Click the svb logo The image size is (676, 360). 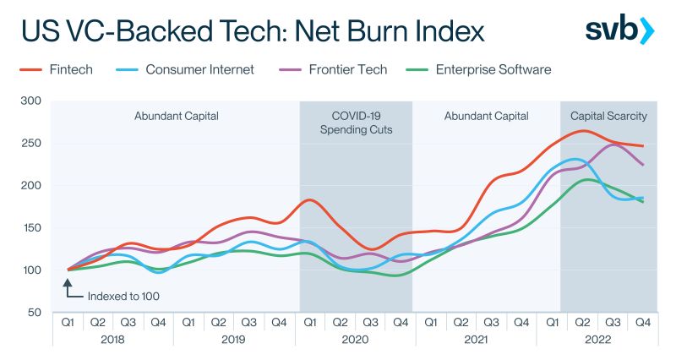619,30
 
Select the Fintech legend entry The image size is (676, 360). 56,69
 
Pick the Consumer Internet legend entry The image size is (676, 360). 185,69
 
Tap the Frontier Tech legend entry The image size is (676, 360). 333,69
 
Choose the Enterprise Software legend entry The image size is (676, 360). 478,69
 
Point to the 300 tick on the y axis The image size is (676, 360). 31,101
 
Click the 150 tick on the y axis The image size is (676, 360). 31,227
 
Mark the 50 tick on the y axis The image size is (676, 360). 35,312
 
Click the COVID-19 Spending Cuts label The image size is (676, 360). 356,123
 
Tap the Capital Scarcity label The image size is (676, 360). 608,116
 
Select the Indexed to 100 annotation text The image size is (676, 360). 123,296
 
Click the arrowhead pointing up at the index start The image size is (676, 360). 68,283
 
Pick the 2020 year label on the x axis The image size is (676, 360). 355,340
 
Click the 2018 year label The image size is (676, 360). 112,340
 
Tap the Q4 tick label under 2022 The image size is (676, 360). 643,322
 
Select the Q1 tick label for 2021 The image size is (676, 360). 431,322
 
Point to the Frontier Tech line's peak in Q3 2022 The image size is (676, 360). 613,145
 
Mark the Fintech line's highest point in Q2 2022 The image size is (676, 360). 583,131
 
